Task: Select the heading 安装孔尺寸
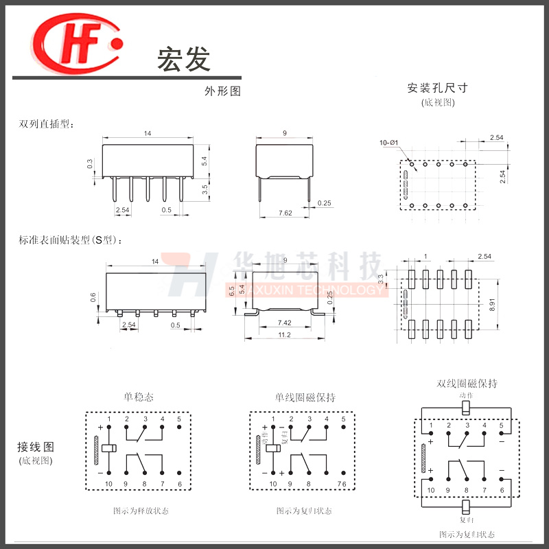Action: point(437,88)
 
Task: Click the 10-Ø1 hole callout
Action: point(388,143)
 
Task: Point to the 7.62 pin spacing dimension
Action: point(285,213)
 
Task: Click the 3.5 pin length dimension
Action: point(205,190)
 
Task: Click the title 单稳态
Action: point(139,397)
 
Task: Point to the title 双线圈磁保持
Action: point(467,383)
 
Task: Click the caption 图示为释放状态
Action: point(141,511)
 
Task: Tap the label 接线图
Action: point(35,447)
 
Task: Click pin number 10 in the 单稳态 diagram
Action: point(108,484)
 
